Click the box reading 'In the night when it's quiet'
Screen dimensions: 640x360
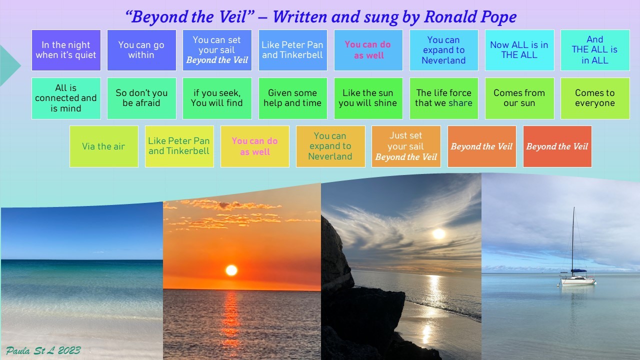(66, 50)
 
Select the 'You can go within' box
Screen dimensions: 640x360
(141, 50)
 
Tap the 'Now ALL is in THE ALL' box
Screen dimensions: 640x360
(519, 50)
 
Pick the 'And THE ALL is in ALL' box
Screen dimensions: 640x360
(595, 50)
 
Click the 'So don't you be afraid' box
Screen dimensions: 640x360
(141, 98)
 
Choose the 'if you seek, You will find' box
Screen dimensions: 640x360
(217, 98)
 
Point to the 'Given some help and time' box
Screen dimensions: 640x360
(292, 98)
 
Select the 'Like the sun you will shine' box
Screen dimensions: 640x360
(368, 98)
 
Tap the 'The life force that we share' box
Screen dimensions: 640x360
(443, 98)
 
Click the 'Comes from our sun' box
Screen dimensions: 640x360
(519, 98)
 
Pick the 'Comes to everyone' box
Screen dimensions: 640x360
(595, 98)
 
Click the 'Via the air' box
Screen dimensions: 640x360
(103, 146)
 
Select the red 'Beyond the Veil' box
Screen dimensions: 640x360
(557, 146)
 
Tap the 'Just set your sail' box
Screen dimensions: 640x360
(406, 146)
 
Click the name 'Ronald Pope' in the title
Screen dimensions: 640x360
(470, 17)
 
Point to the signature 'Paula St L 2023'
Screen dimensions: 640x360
(43, 350)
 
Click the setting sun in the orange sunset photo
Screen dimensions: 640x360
(231, 270)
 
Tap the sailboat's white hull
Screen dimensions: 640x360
(577, 281)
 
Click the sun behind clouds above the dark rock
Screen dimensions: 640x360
(439, 233)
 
